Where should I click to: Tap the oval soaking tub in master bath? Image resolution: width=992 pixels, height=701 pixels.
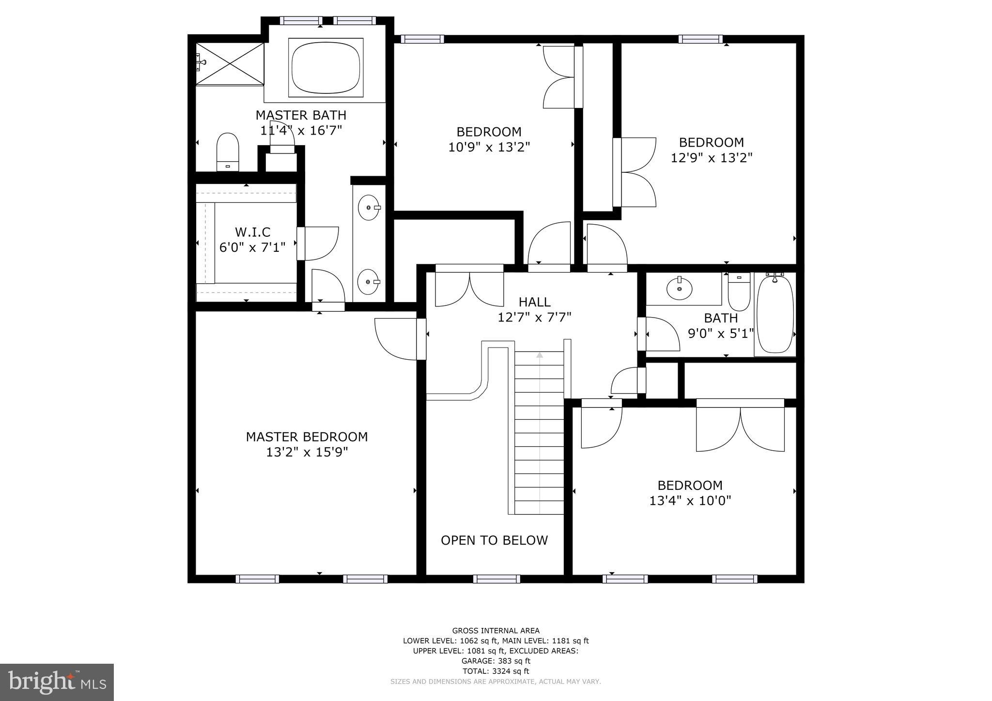pyautogui.click(x=325, y=67)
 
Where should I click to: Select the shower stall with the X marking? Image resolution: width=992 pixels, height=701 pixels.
pyautogui.click(x=230, y=63)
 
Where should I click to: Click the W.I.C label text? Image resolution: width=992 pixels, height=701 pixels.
pyautogui.click(x=252, y=232)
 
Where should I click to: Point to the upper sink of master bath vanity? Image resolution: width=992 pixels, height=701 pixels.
pyautogui.click(x=369, y=208)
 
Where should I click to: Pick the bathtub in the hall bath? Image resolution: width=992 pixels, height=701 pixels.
pyautogui.click(x=775, y=315)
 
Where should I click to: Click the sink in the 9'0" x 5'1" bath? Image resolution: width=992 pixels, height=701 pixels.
pyautogui.click(x=679, y=289)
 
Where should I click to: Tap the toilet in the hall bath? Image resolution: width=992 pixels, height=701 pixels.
pyautogui.click(x=739, y=293)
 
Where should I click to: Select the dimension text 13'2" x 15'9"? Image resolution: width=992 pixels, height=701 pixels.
pyautogui.click(x=307, y=452)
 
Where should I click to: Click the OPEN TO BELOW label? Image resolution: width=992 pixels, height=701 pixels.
pyautogui.click(x=494, y=540)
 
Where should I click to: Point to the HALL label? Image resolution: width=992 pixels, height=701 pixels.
pyautogui.click(x=534, y=302)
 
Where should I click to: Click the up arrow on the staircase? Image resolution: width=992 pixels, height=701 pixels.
pyautogui.click(x=540, y=355)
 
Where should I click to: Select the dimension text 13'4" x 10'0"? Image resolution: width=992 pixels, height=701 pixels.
pyautogui.click(x=690, y=501)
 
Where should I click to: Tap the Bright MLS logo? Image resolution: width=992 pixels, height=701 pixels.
pyautogui.click(x=57, y=682)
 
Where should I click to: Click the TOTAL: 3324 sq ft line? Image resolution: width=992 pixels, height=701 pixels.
pyautogui.click(x=496, y=671)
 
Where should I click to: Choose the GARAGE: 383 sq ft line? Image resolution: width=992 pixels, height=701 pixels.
pyautogui.click(x=496, y=661)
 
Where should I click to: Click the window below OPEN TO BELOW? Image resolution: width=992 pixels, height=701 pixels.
pyautogui.click(x=496, y=579)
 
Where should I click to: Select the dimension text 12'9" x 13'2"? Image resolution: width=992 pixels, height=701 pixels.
pyautogui.click(x=711, y=158)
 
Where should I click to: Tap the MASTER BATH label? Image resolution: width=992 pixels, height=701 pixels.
pyautogui.click(x=301, y=115)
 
